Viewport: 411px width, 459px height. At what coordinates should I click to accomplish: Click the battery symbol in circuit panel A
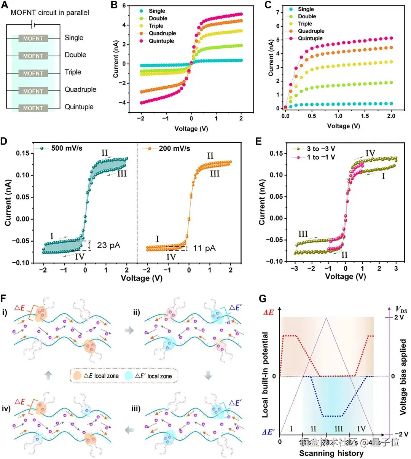33,25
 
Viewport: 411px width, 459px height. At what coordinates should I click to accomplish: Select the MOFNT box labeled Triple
33,73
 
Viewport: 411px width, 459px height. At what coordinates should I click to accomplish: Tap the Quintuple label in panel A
79,107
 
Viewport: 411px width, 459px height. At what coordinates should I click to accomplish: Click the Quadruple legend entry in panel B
162,33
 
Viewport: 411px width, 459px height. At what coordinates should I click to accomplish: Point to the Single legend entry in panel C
306,9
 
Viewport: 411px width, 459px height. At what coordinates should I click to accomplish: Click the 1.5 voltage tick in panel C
365,116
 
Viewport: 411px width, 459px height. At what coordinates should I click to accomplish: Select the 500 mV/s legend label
67,148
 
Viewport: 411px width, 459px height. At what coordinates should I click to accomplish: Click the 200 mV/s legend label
174,148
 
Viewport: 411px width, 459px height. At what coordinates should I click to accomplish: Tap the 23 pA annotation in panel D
108,245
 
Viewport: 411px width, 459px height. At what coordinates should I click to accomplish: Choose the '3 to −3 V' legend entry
321,149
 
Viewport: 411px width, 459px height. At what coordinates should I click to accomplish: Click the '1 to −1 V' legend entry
321,157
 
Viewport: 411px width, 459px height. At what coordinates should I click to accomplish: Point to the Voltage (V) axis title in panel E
345,277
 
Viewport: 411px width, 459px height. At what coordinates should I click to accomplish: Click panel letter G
263,299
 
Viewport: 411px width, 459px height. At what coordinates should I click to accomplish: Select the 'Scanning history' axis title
331,453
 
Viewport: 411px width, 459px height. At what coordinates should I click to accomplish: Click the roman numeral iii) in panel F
136,409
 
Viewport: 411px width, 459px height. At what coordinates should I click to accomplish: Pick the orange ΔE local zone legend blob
78,376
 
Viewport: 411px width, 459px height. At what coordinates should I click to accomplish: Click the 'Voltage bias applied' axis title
403,377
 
